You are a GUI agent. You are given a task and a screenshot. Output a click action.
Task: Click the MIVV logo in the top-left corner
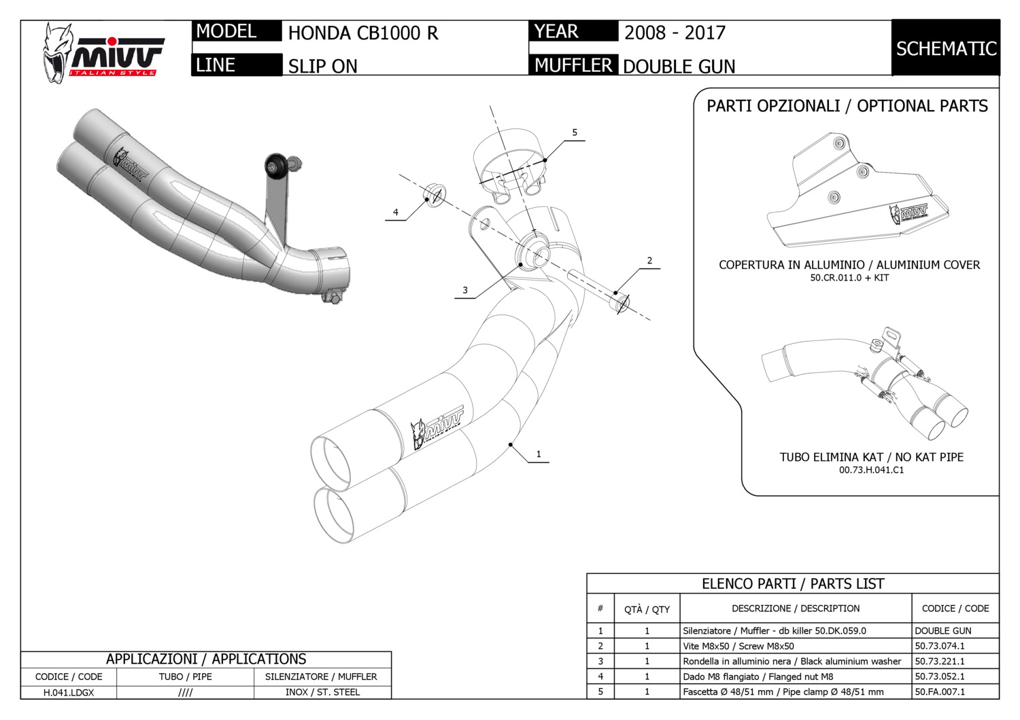(x=103, y=54)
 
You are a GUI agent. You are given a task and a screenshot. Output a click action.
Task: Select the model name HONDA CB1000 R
(x=363, y=33)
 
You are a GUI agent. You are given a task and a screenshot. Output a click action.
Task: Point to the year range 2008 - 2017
(x=675, y=33)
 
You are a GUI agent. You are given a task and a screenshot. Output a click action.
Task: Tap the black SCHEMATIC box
(x=946, y=48)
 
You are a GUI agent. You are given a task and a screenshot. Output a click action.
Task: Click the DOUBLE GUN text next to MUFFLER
(x=679, y=67)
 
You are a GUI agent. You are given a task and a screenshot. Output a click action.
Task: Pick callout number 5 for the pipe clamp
(x=575, y=132)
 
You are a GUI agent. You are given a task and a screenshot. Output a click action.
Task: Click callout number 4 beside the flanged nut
(x=395, y=212)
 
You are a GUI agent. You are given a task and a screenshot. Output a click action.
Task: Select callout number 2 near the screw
(x=649, y=261)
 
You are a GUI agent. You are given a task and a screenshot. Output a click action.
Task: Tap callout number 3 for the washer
(x=465, y=290)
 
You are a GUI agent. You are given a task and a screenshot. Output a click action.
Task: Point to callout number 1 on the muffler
(x=539, y=454)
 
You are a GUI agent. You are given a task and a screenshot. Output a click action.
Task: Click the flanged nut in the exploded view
(x=434, y=196)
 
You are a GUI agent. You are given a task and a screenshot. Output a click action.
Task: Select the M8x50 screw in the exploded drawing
(x=598, y=291)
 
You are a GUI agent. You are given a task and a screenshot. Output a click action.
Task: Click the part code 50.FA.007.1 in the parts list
(x=940, y=691)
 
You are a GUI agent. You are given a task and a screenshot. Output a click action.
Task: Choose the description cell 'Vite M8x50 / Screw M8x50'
(x=738, y=646)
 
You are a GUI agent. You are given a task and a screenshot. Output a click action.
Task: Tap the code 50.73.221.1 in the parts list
(x=940, y=662)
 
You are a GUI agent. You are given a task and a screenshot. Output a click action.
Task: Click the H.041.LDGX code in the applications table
(x=69, y=692)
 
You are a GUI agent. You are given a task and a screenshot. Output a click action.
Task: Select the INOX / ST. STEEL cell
(x=322, y=691)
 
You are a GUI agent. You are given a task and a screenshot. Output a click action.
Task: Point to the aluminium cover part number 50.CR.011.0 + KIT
(x=849, y=277)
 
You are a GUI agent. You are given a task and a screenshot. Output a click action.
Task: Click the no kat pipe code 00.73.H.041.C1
(x=871, y=470)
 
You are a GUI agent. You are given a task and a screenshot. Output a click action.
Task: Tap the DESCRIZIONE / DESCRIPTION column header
(x=796, y=608)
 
